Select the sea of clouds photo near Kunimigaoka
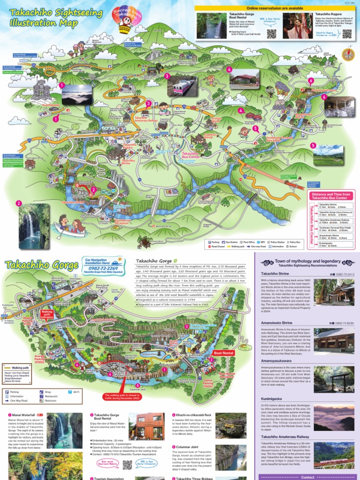76,95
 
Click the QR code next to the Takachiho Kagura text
347,34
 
